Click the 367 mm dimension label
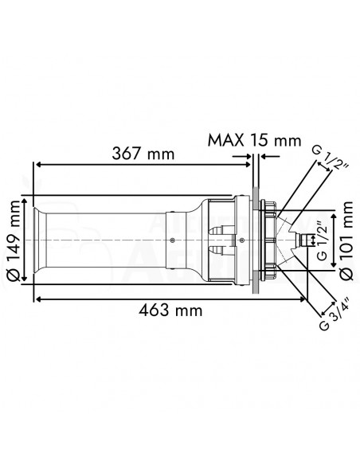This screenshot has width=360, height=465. [144, 152]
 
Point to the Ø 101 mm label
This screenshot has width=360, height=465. [344, 239]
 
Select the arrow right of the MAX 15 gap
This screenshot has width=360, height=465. [264, 158]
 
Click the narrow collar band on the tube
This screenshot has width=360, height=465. [169, 239]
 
